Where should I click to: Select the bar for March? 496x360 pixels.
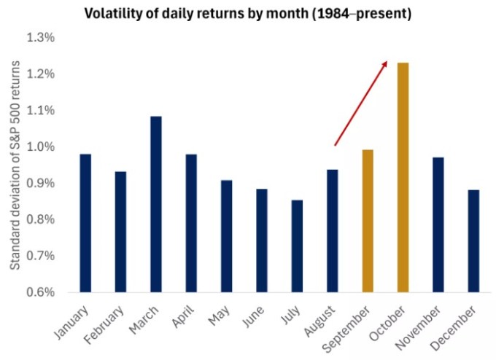[156, 204]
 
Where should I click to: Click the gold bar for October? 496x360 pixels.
[403, 177]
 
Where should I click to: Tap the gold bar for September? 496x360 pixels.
[368, 221]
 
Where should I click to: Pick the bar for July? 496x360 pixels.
[297, 246]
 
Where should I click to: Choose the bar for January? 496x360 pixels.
[85, 223]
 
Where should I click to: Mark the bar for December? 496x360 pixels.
[473, 240]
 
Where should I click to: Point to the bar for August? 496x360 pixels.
[333, 231]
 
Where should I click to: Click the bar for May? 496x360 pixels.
[227, 236]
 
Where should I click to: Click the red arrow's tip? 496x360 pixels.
[387, 61]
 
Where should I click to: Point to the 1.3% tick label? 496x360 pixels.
[41, 38]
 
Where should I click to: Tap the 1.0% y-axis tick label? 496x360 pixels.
[41, 146]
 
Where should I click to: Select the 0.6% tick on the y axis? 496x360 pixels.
[41, 292]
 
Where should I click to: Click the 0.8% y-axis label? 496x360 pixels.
[41, 219]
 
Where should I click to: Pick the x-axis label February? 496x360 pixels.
[104, 325]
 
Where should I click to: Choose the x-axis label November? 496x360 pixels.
[418, 328]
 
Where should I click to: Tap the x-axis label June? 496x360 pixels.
[253, 316]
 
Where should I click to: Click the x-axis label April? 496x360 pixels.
[183, 316]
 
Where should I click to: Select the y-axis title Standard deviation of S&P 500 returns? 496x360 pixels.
[15, 165]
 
